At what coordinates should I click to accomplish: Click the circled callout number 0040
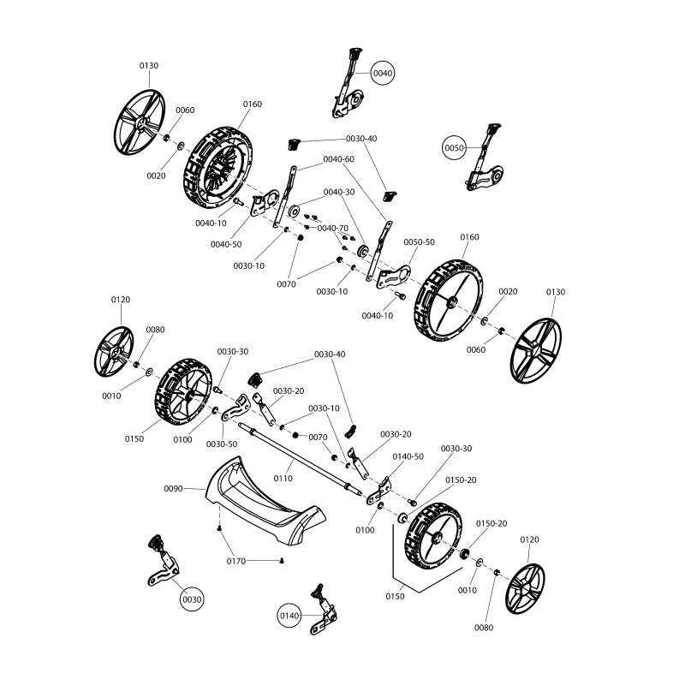[x=383, y=74]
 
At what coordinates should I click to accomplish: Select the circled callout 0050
[x=454, y=148]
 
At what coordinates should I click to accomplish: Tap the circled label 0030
[x=192, y=599]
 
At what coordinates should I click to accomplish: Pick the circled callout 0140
[x=289, y=615]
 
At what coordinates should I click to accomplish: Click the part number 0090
[x=175, y=488]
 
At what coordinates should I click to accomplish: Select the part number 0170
[x=237, y=561]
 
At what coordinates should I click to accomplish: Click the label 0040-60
[x=338, y=159]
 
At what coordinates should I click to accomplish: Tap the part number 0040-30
[x=338, y=192]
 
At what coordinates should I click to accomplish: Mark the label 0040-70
[x=333, y=229]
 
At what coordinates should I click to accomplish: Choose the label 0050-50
[x=419, y=242]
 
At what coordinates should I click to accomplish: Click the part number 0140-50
[x=408, y=456]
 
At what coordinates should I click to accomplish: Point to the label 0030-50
[x=222, y=444]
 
